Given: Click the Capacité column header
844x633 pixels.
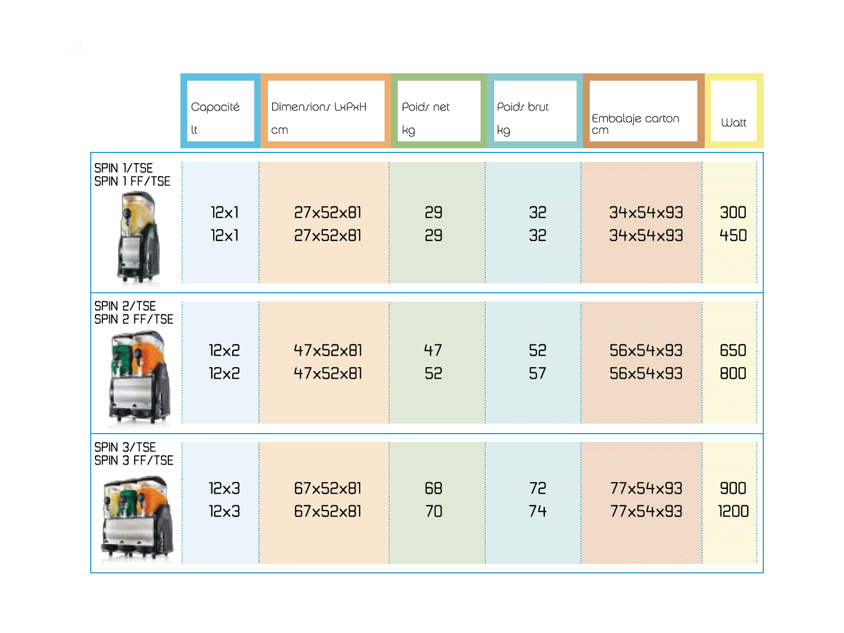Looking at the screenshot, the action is click(215, 107).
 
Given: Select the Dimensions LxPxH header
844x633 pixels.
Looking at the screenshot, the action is click(319, 107).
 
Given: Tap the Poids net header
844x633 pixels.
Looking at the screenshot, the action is click(425, 107).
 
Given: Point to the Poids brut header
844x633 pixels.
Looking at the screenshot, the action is click(523, 107).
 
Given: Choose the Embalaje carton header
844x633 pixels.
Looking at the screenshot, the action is click(635, 118).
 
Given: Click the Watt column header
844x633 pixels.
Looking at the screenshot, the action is click(733, 122).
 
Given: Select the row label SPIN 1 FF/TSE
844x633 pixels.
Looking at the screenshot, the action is click(132, 181).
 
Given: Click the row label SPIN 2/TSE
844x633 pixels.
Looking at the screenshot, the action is click(125, 306).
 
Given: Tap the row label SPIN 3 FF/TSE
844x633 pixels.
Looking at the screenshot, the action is click(133, 460).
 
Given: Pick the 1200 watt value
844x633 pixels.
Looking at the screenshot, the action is click(733, 511).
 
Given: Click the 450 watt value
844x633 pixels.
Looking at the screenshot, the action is click(733, 235).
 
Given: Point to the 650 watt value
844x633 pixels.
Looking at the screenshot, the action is click(733, 350).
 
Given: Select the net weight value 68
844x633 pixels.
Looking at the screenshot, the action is click(434, 488).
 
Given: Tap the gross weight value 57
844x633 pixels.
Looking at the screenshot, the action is click(537, 373).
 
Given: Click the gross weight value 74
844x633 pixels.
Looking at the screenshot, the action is click(537, 511).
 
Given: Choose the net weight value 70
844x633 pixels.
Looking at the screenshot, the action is click(434, 511).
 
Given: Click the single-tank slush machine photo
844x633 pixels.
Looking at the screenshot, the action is click(138, 239).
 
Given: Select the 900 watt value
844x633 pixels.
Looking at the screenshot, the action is click(733, 488).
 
